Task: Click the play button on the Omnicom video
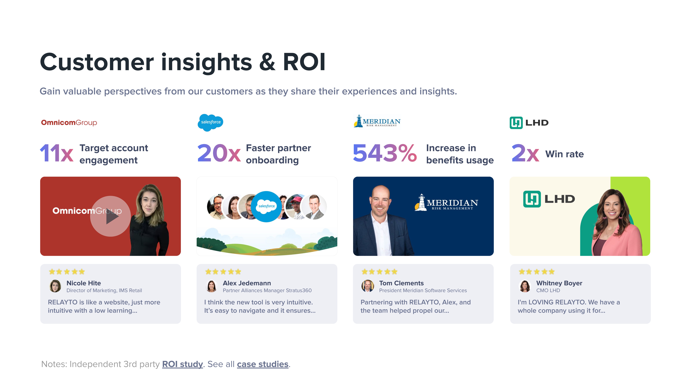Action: [x=110, y=216]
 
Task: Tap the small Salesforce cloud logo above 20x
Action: [x=211, y=122]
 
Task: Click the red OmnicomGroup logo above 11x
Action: [x=69, y=123]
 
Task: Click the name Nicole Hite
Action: [x=84, y=283]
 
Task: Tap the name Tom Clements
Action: [x=401, y=283]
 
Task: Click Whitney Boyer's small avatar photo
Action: [x=525, y=286]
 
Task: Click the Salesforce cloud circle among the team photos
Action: [x=266, y=206]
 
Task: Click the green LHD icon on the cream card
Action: [x=532, y=199]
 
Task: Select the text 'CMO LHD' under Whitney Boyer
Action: [x=548, y=290]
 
